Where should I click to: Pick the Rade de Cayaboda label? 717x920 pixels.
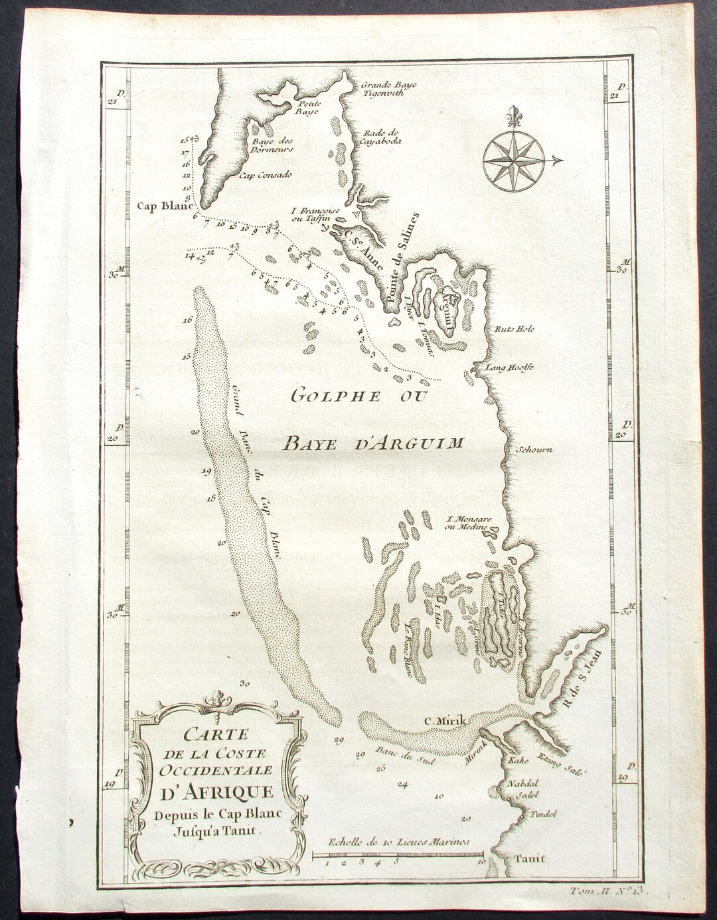click(378, 136)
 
